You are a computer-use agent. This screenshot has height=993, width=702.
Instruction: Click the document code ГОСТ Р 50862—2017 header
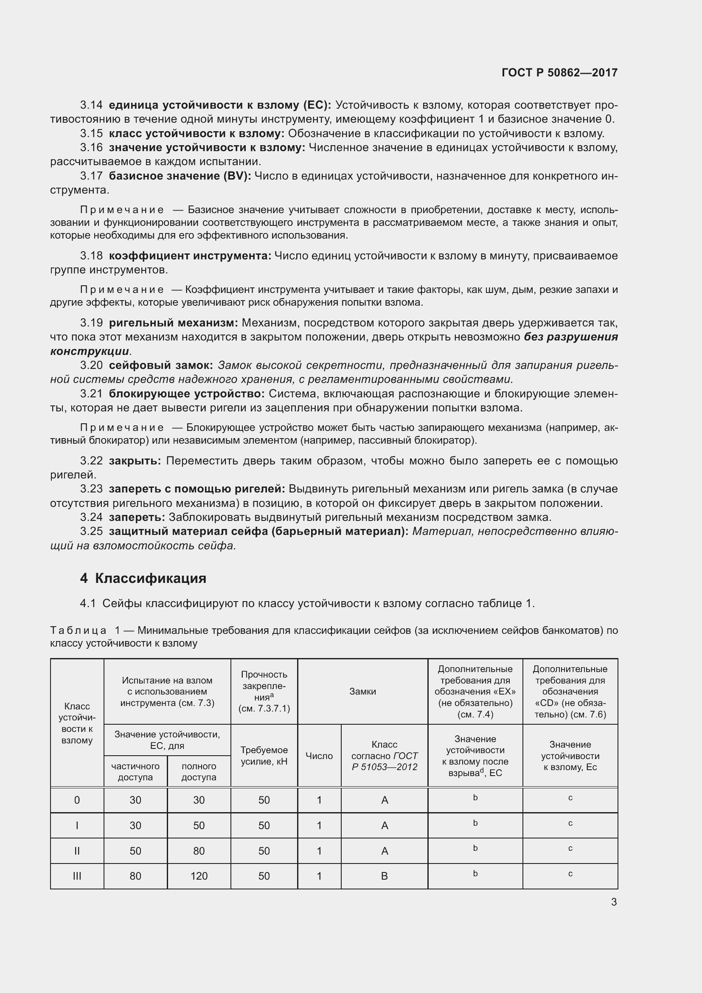[559, 73]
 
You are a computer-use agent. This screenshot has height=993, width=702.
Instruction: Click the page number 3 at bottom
[614, 902]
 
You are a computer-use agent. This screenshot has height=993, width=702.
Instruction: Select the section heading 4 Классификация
[143, 578]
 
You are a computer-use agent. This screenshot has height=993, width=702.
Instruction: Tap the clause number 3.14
[91, 105]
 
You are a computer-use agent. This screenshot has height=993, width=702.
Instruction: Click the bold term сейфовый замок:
[161, 366]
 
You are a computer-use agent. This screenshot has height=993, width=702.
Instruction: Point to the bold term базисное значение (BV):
[180, 176]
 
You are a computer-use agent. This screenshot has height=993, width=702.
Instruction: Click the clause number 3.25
[91, 531]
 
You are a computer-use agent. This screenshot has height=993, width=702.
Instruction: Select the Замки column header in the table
[362, 692]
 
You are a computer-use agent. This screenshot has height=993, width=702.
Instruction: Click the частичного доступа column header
[135, 771]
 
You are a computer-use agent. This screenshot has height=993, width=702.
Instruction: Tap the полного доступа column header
[199, 771]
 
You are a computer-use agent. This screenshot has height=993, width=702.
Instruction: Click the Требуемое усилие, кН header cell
[264, 756]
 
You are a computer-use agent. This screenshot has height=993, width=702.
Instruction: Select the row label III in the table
[77, 876]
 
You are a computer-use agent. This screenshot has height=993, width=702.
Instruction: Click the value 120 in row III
[199, 876]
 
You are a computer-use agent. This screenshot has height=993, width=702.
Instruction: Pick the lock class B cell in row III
[384, 876]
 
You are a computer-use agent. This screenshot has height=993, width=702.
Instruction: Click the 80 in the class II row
[199, 851]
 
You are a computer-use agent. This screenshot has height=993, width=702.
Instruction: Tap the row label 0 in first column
[77, 800]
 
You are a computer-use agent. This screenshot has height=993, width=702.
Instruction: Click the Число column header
[319, 756]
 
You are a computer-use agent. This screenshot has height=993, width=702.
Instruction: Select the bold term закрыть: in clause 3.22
[135, 461]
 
